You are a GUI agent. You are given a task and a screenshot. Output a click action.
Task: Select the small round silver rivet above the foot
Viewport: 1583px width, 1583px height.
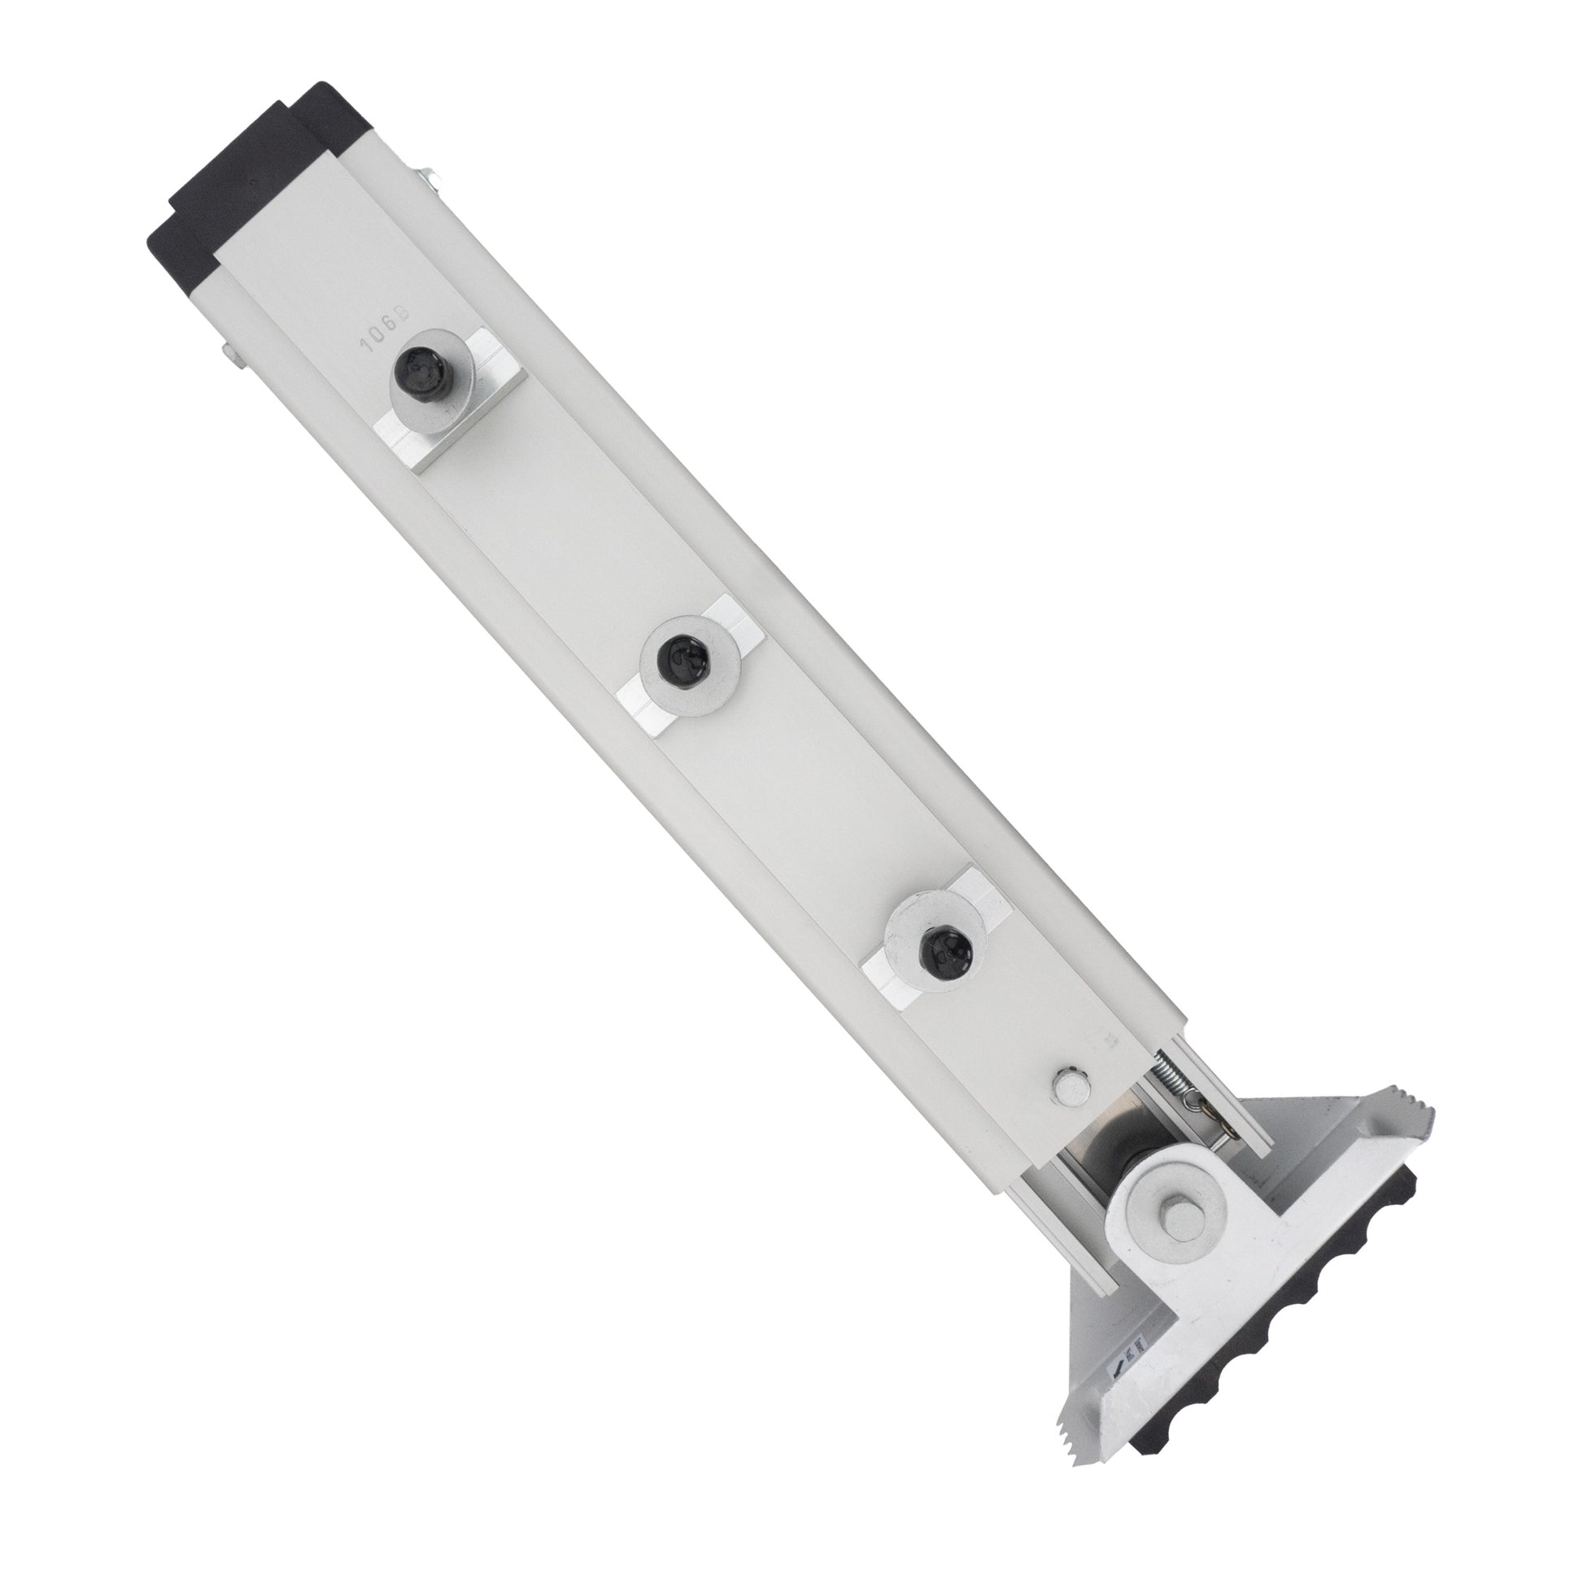coord(1071,1087)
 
